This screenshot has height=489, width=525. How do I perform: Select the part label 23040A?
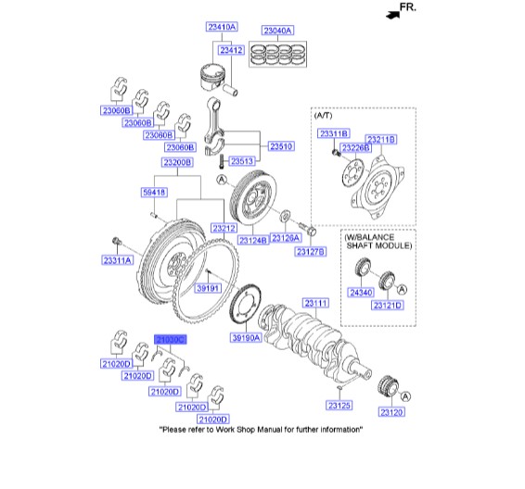276,31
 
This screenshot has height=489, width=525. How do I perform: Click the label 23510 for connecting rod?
281,146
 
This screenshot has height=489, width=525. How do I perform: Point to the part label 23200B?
176,163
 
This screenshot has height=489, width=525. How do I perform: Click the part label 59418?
154,193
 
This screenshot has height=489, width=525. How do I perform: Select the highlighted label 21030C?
171,341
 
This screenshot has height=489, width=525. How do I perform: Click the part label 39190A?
247,340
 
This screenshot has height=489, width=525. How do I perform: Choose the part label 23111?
316,303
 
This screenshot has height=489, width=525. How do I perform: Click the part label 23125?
339,406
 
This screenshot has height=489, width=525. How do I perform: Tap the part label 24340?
360,293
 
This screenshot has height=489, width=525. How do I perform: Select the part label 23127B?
309,251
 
